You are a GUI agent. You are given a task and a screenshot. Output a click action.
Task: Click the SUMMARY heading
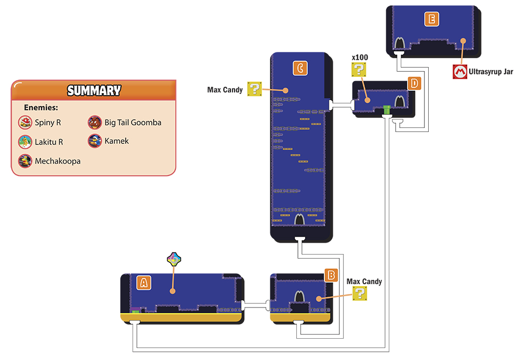94,90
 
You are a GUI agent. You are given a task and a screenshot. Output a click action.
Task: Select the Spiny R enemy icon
25,123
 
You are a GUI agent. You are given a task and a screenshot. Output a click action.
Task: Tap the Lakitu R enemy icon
25,142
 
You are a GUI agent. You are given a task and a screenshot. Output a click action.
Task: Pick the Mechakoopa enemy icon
25,161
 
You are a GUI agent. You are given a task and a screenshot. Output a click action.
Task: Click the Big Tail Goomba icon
94,123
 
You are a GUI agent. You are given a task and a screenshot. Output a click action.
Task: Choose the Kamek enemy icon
94,141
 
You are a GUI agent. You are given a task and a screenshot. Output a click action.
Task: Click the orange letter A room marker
144,283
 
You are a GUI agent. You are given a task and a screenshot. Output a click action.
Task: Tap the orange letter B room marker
331,275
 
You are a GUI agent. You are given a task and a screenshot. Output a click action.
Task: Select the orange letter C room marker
300,68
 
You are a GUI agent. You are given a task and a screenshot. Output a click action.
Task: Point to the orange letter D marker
414,84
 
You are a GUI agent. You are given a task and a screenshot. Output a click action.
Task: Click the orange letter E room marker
432,19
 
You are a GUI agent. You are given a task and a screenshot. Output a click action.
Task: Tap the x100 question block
359,70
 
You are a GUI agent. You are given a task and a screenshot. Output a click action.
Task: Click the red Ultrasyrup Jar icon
460,72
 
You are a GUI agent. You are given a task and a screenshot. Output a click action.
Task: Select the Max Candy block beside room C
254,89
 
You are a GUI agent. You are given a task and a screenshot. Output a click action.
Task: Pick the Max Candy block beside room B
360,293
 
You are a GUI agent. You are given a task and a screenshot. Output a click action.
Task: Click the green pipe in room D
387,110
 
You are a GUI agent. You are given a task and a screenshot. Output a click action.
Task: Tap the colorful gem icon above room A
174,259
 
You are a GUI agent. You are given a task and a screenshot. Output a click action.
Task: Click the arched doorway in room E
400,44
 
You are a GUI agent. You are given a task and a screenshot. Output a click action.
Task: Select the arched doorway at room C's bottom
299,219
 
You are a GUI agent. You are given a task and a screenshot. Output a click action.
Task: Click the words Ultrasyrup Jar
491,72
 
